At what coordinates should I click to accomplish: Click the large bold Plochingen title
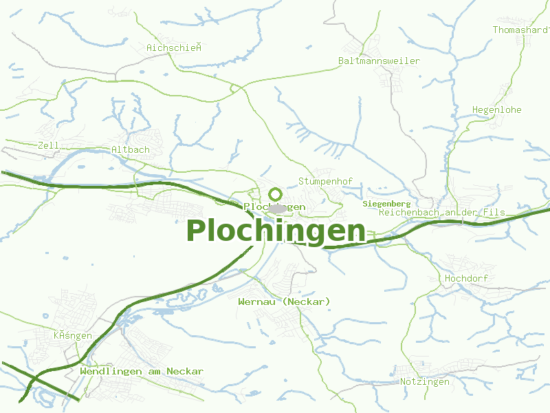pyautogui.click(x=276, y=231)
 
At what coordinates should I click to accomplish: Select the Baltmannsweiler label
pyautogui.click(x=379, y=61)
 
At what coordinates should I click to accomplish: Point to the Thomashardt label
pyautogui.click(x=521, y=30)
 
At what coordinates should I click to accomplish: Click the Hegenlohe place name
pyautogui.click(x=497, y=109)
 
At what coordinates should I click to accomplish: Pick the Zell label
pyautogui.click(x=49, y=145)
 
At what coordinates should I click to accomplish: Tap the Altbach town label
pyautogui.click(x=130, y=149)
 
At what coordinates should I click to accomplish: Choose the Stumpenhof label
pyautogui.click(x=325, y=181)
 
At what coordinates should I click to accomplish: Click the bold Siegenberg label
pyautogui.click(x=386, y=204)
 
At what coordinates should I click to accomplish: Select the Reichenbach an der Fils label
pyautogui.click(x=441, y=213)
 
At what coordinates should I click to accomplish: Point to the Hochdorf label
pyautogui.click(x=466, y=278)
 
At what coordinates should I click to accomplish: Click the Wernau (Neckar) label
pyautogui.click(x=284, y=301)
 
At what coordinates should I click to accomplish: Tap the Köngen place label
pyautogui.click(x=72, y=335)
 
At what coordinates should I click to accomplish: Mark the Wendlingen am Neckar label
pyautogui.click(x=142, y=371)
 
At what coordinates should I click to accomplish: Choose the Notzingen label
pyautogui.click(x=424, y=381)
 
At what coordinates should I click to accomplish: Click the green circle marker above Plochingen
pyautogui.click(x=276, y=194)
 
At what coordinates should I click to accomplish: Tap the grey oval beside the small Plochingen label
pyautogui.click(x=277, y=208)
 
